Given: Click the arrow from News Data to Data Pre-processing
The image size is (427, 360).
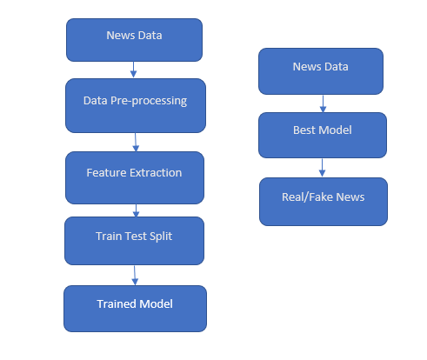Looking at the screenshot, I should click(133, 70).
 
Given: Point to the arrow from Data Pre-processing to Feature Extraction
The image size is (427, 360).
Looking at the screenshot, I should click(135, 141).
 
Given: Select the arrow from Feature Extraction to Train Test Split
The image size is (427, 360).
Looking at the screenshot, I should click(135, 210).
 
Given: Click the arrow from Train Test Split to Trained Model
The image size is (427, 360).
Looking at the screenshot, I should click(135, 275).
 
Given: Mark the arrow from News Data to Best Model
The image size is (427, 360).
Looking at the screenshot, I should click(323, 103).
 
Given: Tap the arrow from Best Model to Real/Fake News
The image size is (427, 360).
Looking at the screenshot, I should click(323, 167).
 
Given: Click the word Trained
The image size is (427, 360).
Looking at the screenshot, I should click(116, 303).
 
